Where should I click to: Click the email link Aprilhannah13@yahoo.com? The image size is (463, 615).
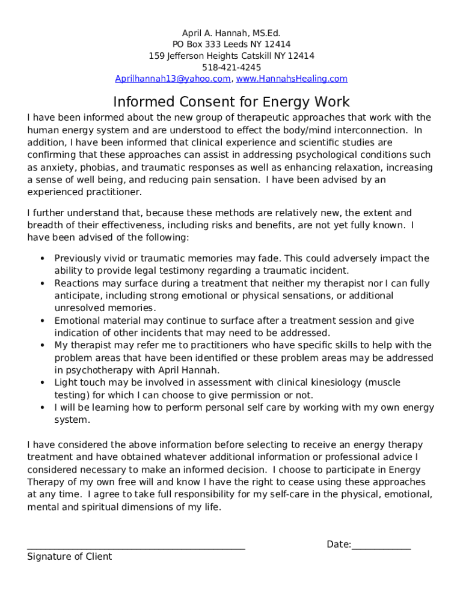pyautogui.click(x=173, y=79)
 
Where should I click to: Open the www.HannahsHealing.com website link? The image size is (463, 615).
pyautogui.click(x=292, y=79)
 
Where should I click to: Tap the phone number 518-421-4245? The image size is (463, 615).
pyautogui.click(x=231, y=67)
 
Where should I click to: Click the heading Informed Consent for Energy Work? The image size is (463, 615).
pyautogui.click(x=231, y=101)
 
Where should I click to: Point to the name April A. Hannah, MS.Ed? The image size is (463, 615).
pyautogui.click(x=231, y=33)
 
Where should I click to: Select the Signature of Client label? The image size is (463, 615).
pyautogui.click(x=69, y=557)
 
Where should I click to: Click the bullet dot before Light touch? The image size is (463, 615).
pyautogui.click(x=42, y=383)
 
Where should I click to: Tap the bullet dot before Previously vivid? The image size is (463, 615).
pyautogui.click(x=42, y=259)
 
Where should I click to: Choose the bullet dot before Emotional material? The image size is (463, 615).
pyautogui.click(x=42, y=321)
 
